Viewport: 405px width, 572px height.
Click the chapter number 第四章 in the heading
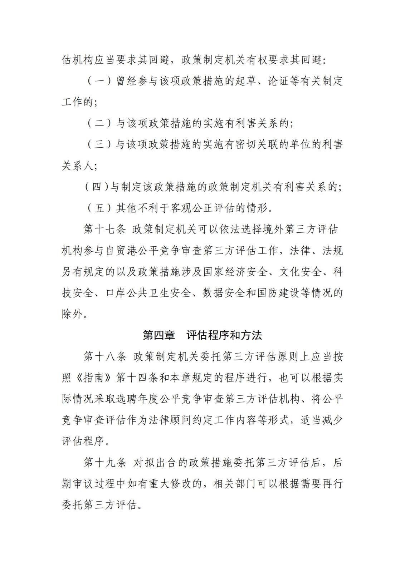pos(159,335)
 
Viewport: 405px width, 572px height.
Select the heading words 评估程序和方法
pos(224,335)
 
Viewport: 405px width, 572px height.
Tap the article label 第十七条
pos(105,230)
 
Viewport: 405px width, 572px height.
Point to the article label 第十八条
pos(105,356)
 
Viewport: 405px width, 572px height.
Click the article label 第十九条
pos(105,463)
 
